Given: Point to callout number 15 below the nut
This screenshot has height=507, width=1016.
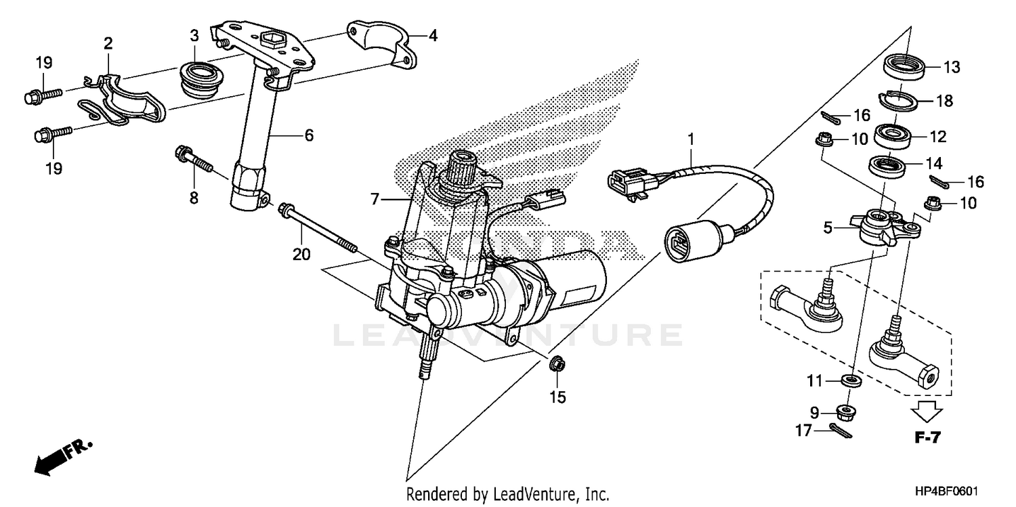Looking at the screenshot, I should (557, 398).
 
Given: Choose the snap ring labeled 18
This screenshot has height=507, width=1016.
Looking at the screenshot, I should (898, 100).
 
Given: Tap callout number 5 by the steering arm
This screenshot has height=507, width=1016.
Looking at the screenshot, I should (828, 228).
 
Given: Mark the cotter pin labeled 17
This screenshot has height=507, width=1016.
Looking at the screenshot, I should (840, 429).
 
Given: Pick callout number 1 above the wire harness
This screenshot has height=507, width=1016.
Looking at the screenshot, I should (691, 141).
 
